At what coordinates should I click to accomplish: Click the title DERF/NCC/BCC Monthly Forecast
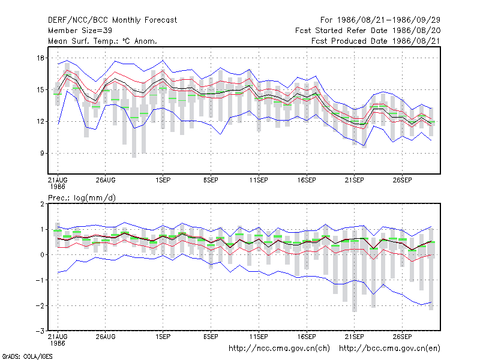click(x=112, y=20)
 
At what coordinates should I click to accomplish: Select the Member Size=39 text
click(x=80, y=31)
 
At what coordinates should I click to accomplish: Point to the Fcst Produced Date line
click(x=376, y=41)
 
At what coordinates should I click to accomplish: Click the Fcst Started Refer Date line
click(x=368, y=31)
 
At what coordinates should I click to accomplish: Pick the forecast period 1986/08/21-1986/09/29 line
click(x=380, y=20)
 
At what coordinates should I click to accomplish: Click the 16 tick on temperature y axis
click(x=41, y=58)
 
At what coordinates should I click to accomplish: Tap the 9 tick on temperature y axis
click(x=42, y=153)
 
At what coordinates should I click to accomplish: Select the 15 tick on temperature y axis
click(x=41, y=89)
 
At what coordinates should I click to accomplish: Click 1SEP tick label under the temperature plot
click(x=163, y=180)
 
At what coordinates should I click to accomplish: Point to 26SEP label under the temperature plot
click(x=402, y=180)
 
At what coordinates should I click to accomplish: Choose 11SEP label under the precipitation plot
click(x=259, y=337)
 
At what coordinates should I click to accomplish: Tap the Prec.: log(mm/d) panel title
click(x=82, y=198)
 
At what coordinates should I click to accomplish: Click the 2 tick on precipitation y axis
click(x=42, y=204)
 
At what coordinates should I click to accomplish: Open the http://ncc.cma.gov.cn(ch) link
click(x=279, y=349)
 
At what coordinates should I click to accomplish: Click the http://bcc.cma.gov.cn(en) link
click(x=389, y=349)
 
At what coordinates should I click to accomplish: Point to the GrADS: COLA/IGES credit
click(x=27, y=356)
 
